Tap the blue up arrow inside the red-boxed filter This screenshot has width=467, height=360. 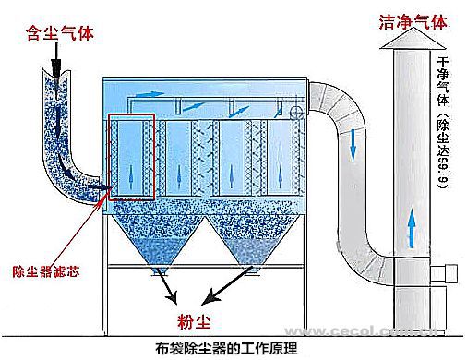pyautogui.click(x=130, y=177)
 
